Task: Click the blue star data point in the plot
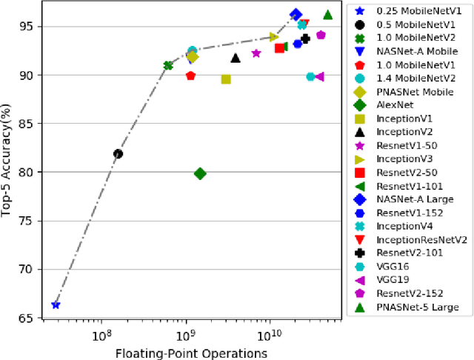coord(56,304)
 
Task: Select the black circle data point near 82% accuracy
coord(118,154)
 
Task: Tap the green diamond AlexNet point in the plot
coord(200,173)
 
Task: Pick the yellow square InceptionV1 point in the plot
coord(226,79)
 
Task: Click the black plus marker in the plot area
coord(305,39)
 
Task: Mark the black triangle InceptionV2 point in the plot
coord(236,58)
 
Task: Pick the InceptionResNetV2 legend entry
coord(422,239)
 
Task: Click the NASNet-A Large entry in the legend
coord(416,199)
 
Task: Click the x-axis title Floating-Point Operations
coord(191,353)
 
